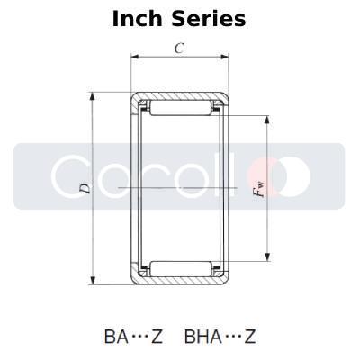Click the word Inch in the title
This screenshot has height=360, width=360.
click(x=137, y=19)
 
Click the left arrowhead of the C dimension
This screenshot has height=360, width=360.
click(x=135, y=57)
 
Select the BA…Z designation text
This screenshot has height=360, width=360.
click(x=133, y=337)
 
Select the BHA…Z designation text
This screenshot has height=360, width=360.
click(x=220, y=337)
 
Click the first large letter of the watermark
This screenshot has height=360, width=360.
click(x=72, y=175)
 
